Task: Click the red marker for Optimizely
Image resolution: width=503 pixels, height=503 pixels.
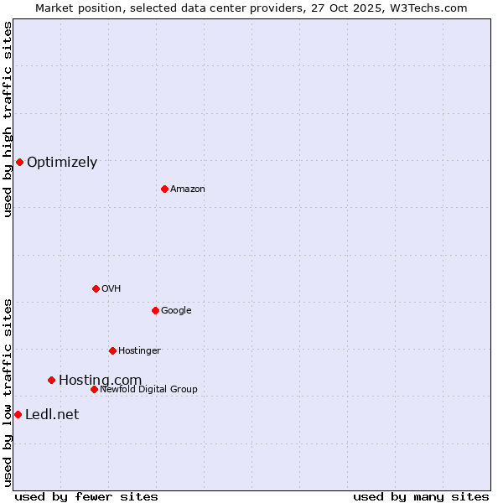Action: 19,162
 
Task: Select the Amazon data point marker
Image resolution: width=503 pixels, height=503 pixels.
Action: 164,189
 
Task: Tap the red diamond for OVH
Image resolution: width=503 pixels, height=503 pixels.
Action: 96,288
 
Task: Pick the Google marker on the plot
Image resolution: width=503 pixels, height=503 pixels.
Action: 155,310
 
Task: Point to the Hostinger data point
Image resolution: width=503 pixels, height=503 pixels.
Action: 112,350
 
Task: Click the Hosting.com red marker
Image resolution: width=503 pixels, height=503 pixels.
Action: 51,380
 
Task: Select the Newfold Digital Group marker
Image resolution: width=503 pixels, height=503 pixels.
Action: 94,389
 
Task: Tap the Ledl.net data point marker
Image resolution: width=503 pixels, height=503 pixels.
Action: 18,414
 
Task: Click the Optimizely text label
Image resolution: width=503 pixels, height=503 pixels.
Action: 62,163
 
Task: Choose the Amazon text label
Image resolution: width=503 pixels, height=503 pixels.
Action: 188,189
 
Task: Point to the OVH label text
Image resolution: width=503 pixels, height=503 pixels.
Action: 111,289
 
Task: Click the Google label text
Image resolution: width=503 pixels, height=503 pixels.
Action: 176,311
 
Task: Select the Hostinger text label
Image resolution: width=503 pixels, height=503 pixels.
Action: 139,351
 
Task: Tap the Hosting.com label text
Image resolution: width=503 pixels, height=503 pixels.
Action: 100,381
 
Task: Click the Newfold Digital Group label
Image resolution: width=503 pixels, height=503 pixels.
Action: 148,390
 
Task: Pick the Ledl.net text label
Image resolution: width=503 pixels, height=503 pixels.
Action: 52,415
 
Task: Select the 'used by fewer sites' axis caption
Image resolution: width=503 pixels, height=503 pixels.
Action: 86,496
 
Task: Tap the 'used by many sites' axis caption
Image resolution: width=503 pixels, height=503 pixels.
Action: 421,496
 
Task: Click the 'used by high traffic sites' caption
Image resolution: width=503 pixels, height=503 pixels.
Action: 8,119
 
